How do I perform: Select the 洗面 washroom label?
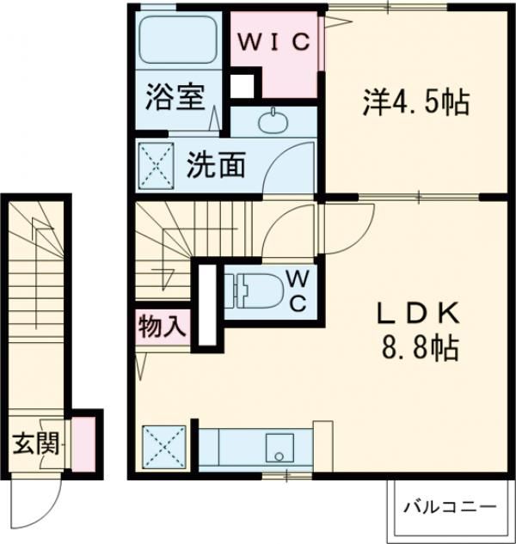(x=217, y=163)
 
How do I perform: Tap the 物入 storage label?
(x=161, y=326)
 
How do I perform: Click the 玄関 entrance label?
(x=36, y=444)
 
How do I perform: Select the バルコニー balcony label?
(x=451, y=505)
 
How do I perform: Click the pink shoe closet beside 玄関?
(x=83, y=443)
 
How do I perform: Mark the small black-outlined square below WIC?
(x=243, y=85)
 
